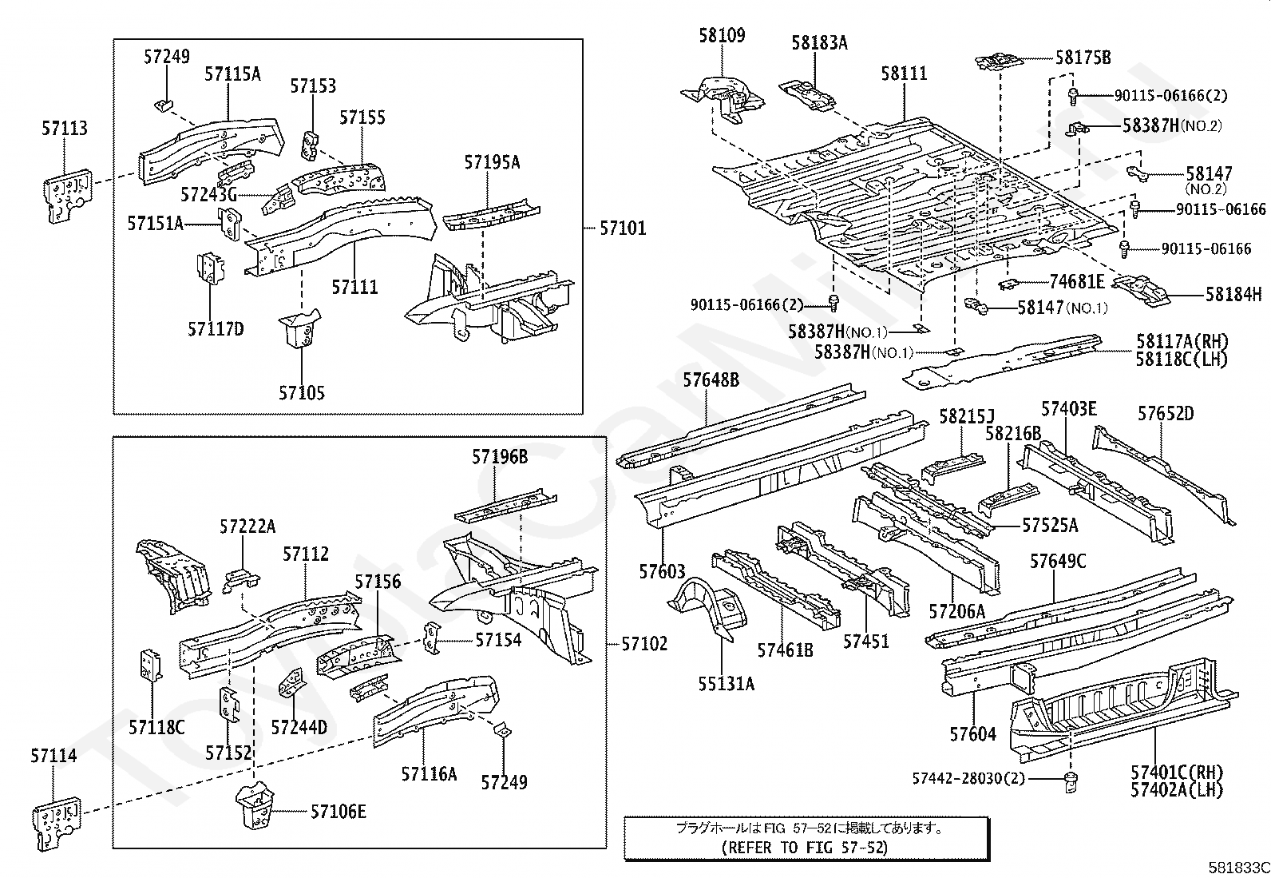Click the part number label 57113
pyautogui.click(x=65, y=129)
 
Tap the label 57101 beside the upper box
pyautogui.click(x=623, y=228)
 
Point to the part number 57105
pyautogui.click(x=302, y=393)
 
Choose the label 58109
pyautogui.click(x=722, y=35)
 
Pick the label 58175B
pyautogui.click(x=1083, y=58)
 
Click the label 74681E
pyautogui.click(x=1077, y=281)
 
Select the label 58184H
pyautogui.click(x=1233, y=295)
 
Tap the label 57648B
pyautogui.click(x=711, y=380)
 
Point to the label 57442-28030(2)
pyautogui.click(x=968, y=778)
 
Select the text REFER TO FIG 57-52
pyautogui.click(x=804, y=848)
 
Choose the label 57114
pyautogui.click(x=54, y=756)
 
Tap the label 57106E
pyautogui.click(x=338, y=812)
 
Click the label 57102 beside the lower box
pyautogui.click(x=644, y=643)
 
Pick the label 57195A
pyautogui.click(x=492, y=162)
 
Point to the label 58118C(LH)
pyautogui.click(x=1182, y=360)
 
